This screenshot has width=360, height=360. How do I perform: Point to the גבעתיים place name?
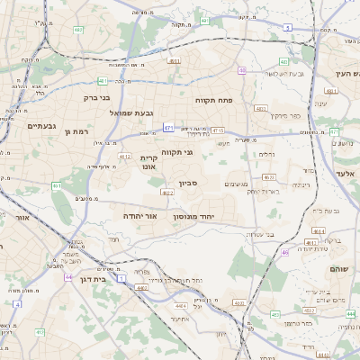(42, 125)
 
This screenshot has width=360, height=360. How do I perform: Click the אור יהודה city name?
(140, 217)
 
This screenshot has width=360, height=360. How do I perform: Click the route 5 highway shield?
(287, 29)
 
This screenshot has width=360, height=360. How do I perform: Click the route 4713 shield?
(218, 131)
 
